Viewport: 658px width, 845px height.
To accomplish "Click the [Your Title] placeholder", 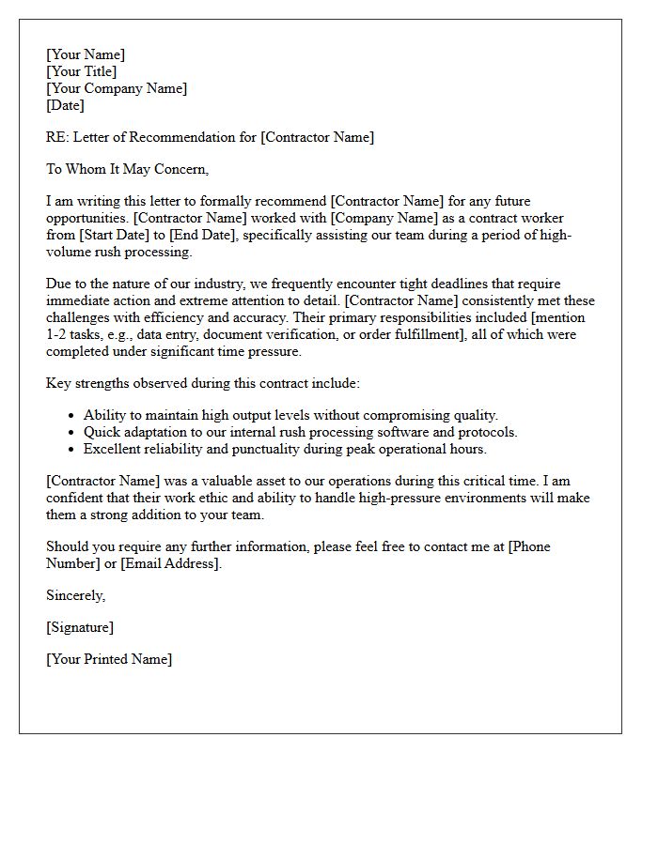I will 82,71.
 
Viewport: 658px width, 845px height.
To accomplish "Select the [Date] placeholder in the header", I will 65,105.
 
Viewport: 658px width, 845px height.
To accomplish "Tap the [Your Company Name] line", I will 117,88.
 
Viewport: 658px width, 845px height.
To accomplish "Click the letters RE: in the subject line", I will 57,137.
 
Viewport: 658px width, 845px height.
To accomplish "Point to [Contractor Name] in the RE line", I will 317,137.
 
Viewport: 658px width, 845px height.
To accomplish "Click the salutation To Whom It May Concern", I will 127,169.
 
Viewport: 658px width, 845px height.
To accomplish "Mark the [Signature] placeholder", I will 80,627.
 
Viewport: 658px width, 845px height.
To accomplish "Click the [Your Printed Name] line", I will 109,659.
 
